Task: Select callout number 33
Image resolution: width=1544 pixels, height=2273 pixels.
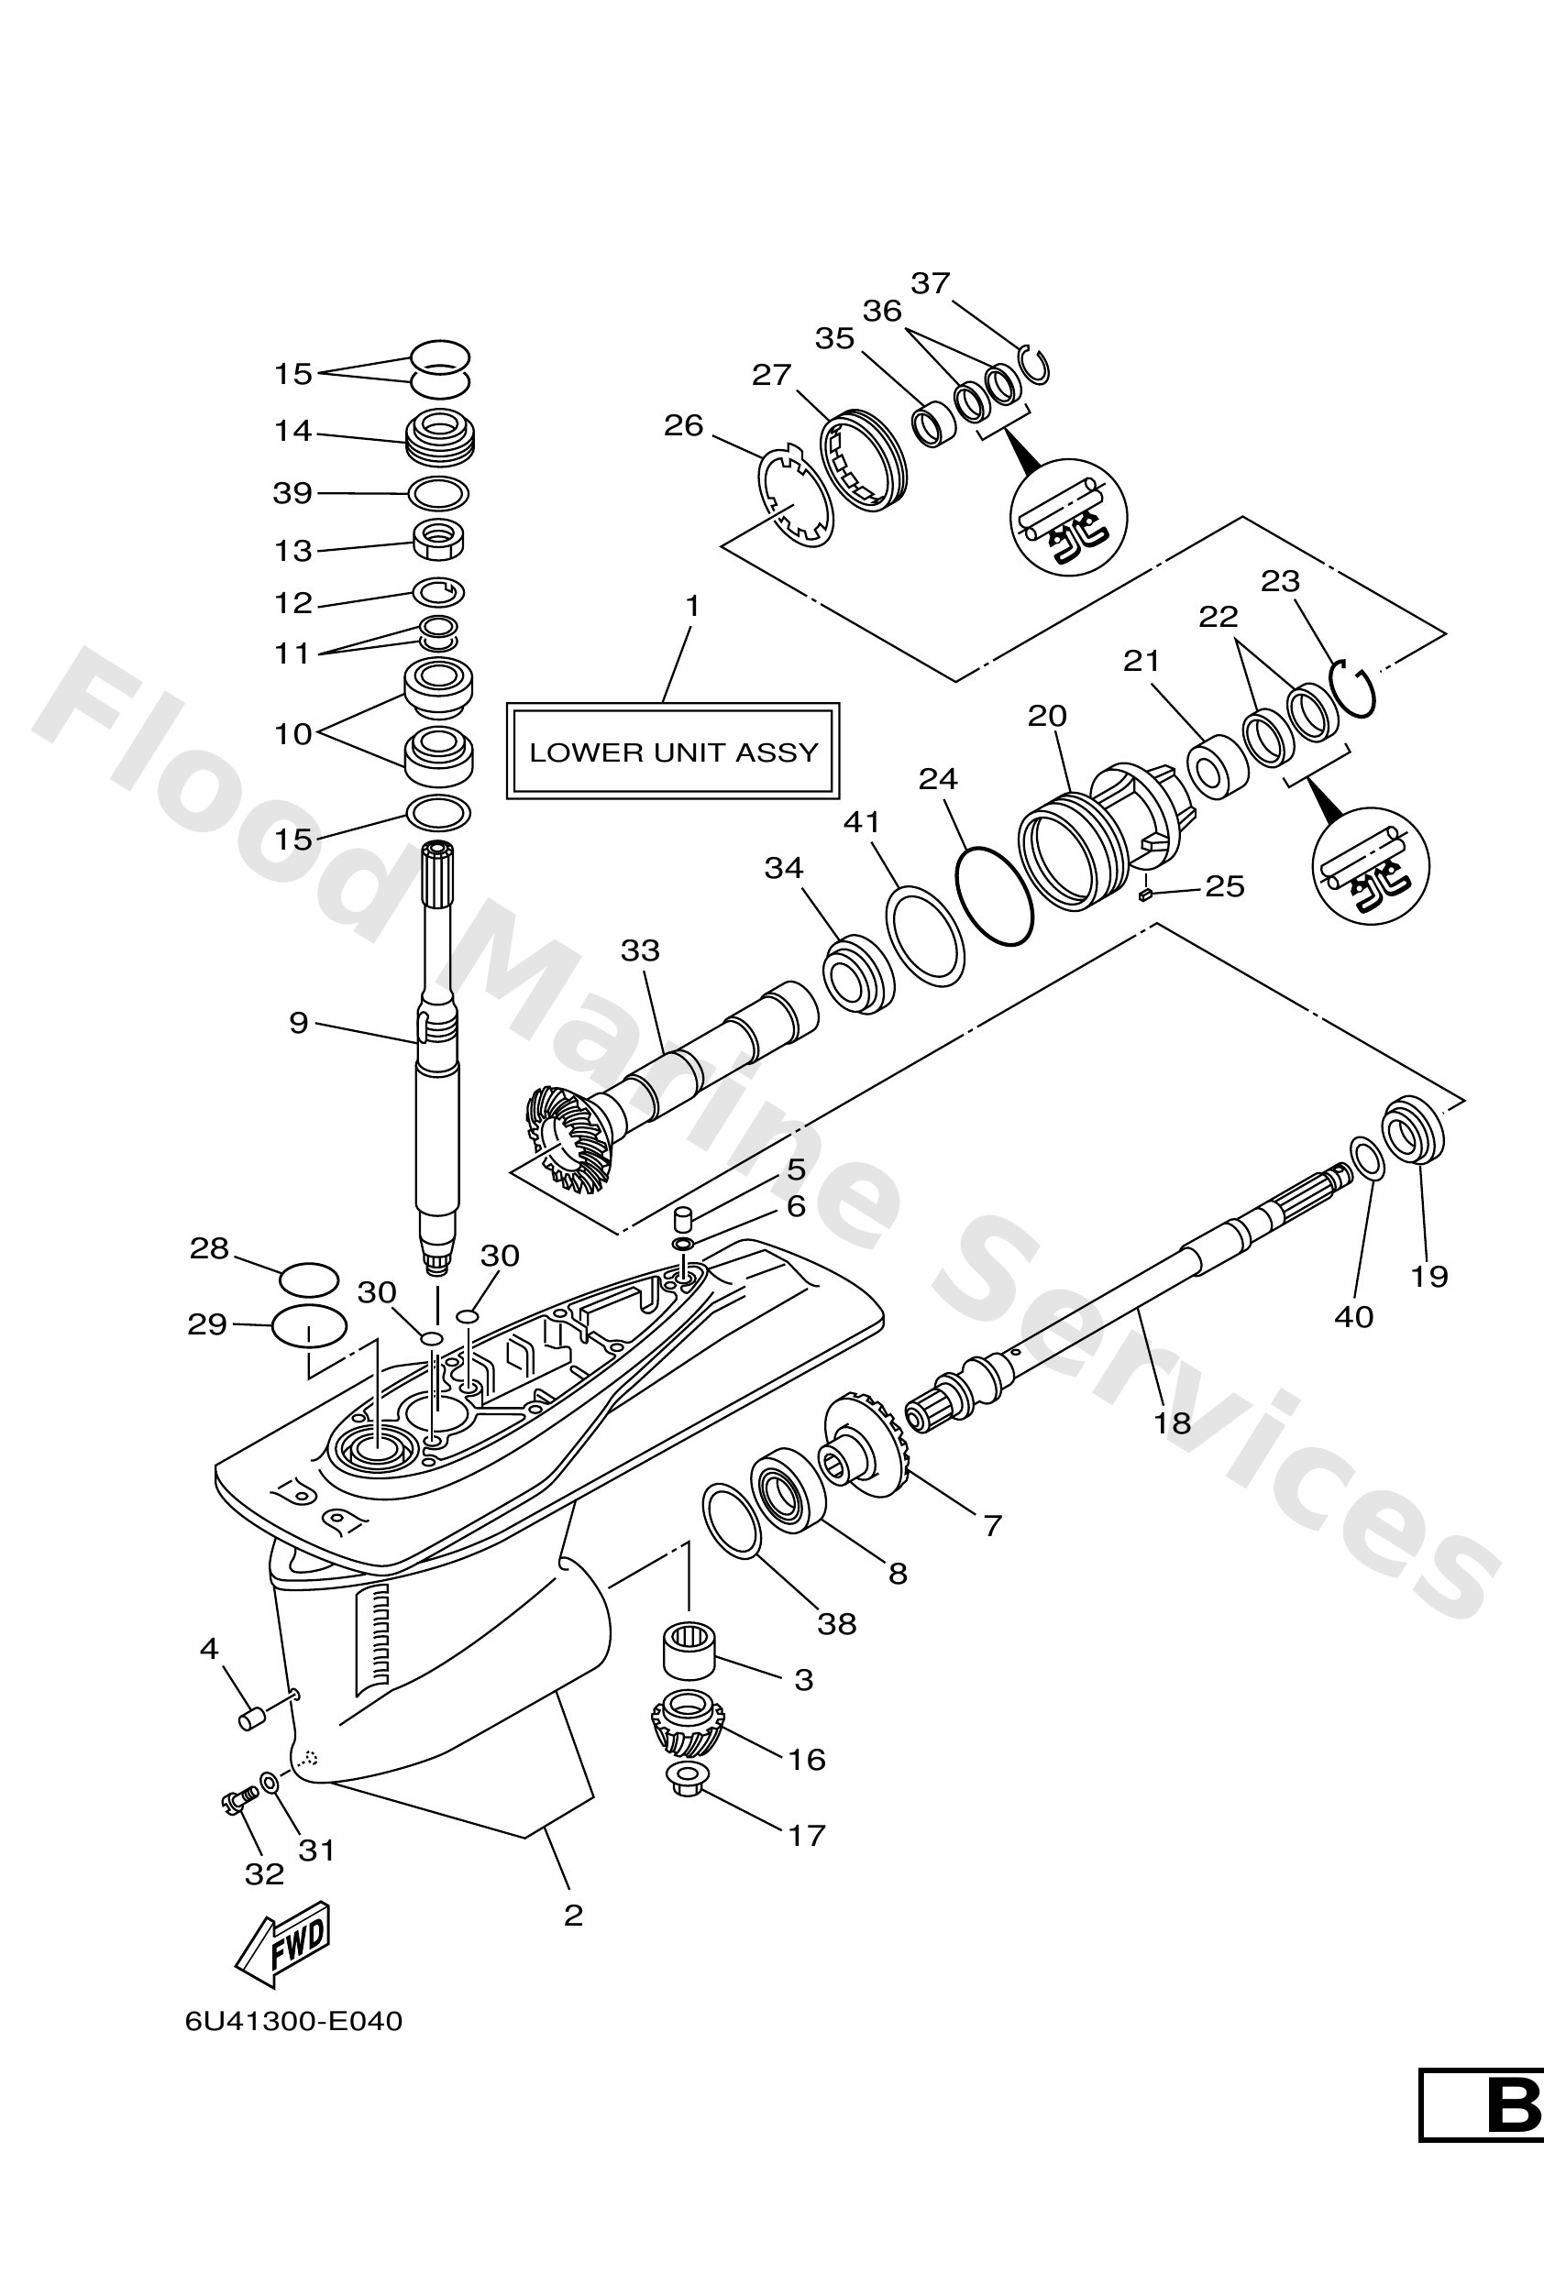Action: click(x=640, y=950)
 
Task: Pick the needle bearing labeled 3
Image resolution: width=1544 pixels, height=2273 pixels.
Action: click(x=689, y=1651)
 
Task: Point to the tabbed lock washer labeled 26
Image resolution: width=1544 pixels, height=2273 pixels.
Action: click(x=796, y=499)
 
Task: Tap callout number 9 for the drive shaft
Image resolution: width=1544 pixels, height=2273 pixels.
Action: click(x=298, y=1023)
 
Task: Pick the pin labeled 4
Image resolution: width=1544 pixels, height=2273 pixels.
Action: click(x=251, y=1718)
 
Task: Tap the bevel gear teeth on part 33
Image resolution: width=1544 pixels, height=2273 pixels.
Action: click(x=566, y=1133)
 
